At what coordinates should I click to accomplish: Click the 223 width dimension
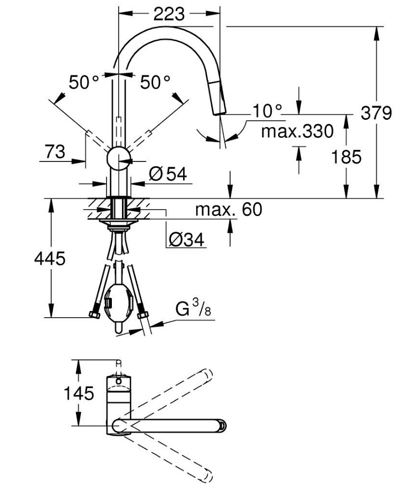pyautogui.click(x=169, y=14)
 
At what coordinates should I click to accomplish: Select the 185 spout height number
pyautogui.click(x=346, y=157)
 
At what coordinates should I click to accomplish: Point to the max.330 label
pyautogui.click(x=297, y=131)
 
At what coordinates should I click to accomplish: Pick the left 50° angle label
pyautogui.click(x=84, y=82)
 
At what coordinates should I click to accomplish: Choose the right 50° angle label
pyautogui.click(x=155, y=82)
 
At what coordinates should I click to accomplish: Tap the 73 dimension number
pyautogui.click(x=55, y=151)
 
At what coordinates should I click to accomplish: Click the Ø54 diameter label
pyautogui.click(x=168, y=174)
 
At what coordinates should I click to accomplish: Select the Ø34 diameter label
pyautogui.click(x=186, y=239)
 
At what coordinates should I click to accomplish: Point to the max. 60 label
pyautogui.click(x=228, y=210)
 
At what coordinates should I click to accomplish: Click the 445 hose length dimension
pyautogui.click(x=50, y=258)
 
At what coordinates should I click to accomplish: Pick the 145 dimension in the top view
pyautogui.click(x=79, y=393)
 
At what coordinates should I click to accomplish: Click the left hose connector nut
pyautogui.click(x=95, y=315)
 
